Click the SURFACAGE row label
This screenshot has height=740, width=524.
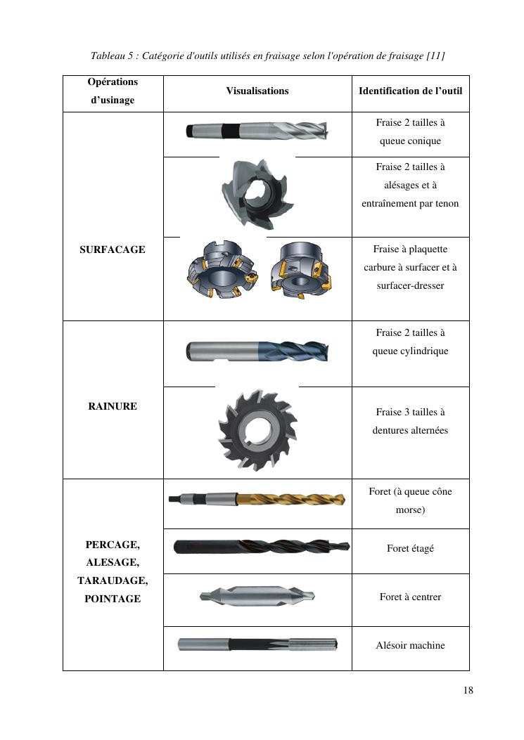(x=113, y=249)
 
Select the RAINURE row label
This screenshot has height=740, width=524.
(x=113, y=406)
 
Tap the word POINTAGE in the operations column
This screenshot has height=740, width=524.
(x=113, y=599)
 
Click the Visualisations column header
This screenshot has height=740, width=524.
(x=257, y=91)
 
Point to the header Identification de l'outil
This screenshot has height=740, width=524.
(x=410, y=91)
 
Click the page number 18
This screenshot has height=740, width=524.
(x=468, y=690)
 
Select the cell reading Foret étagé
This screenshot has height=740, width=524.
(x=410, y=548)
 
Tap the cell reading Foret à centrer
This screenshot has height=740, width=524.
(x=410, y=597)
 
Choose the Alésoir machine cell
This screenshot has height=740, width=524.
(x=410, y=646)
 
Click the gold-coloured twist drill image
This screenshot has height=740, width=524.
(x=257, y=500)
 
